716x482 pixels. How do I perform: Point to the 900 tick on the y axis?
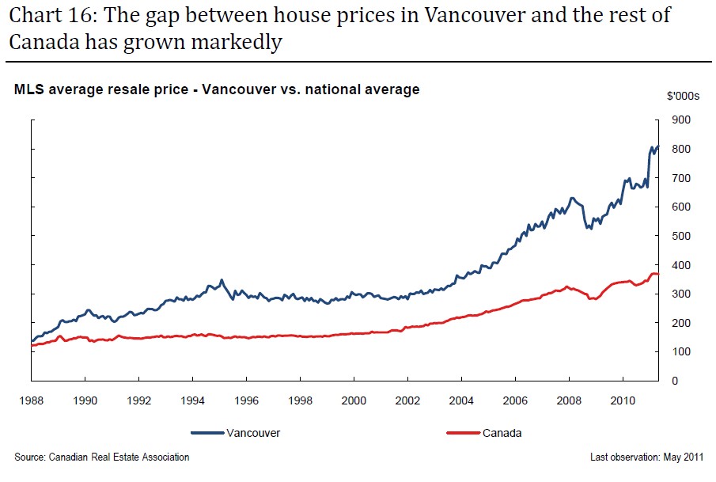680,120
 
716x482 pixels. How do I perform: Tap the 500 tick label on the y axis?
680,236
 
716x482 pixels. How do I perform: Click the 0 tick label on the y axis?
675,381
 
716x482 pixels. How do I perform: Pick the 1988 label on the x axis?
32,400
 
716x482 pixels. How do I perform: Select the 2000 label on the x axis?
354,400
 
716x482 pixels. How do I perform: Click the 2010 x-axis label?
623,400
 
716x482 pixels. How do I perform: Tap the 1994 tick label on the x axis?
193,400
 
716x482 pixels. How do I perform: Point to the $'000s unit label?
683,96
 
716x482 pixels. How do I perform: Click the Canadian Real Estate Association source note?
102,457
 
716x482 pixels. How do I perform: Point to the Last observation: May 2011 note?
646,457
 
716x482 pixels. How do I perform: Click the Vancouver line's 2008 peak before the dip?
571,198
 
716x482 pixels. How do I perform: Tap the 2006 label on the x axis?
516,400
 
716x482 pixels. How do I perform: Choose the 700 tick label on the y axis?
680,178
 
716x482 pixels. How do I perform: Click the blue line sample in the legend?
207,433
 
